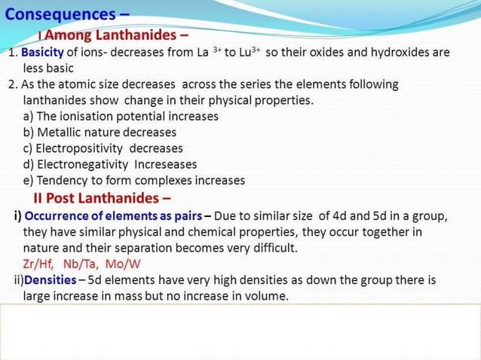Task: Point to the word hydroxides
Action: click(395, 53)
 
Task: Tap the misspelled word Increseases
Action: click(165, 164)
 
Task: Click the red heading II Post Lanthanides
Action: click(102, 198)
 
